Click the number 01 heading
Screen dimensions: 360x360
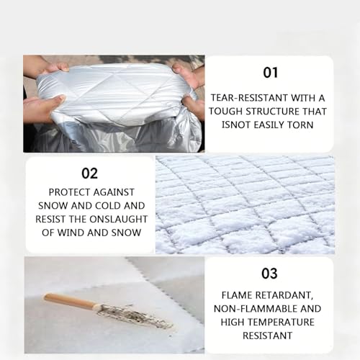click(271, 73)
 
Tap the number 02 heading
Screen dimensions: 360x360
click(89, 174)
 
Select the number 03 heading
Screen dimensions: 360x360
click(269, 274)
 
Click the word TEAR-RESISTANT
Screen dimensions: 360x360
click(249, 98)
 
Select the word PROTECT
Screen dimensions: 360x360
click(69, 192)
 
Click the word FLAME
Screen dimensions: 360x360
click(237, 295)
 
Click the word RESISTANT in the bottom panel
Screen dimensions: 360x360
click(268, 336)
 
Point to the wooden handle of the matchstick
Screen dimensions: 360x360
click(70, 300)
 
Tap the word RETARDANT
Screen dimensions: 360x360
click(285, 295)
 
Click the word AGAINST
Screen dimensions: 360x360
click(114, 192)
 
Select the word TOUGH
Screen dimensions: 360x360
click(225, 112)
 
